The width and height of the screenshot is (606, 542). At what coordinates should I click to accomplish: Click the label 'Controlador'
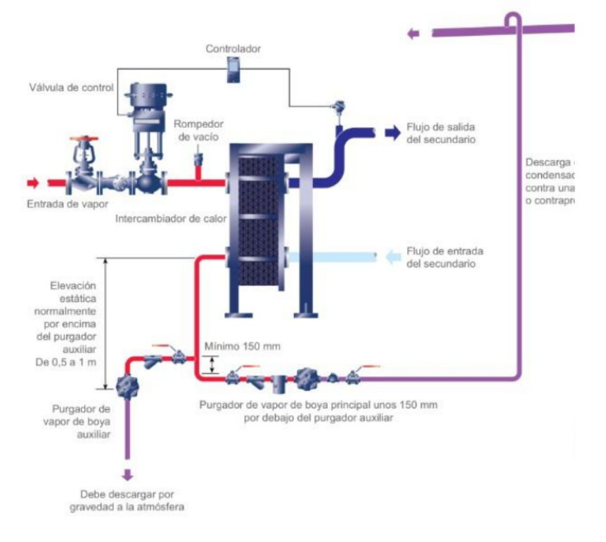[233, 49]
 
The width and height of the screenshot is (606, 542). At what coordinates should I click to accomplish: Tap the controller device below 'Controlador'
[233, 70]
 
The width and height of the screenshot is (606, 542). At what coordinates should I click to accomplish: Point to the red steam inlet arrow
[32, 183]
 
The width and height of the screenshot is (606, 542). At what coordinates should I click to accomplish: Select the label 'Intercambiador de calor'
[172, 219]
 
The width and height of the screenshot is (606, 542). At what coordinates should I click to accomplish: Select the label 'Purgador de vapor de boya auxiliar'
[82, 421]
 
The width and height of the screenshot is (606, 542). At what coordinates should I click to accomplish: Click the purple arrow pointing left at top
[414, 33]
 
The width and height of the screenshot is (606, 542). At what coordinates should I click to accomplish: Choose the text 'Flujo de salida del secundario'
[441, 133]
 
